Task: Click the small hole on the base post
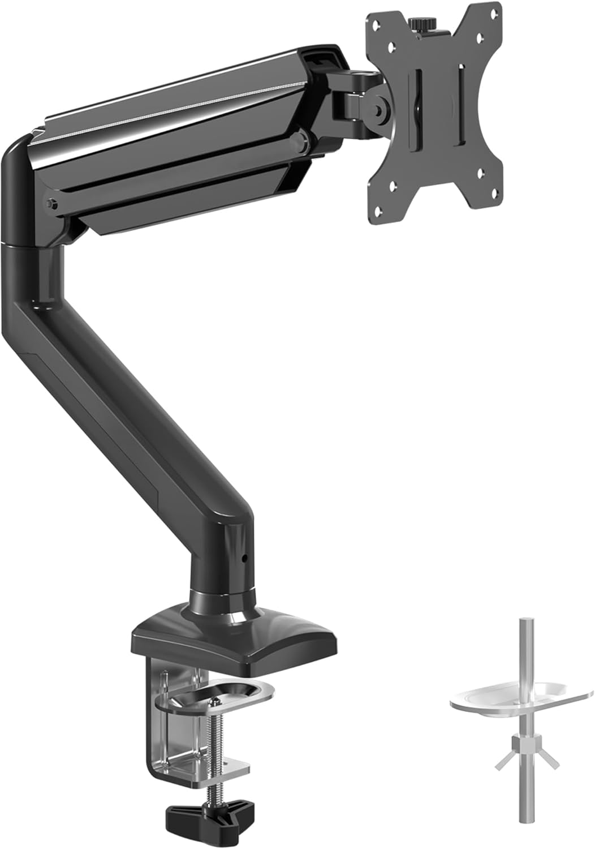[245, 558]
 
